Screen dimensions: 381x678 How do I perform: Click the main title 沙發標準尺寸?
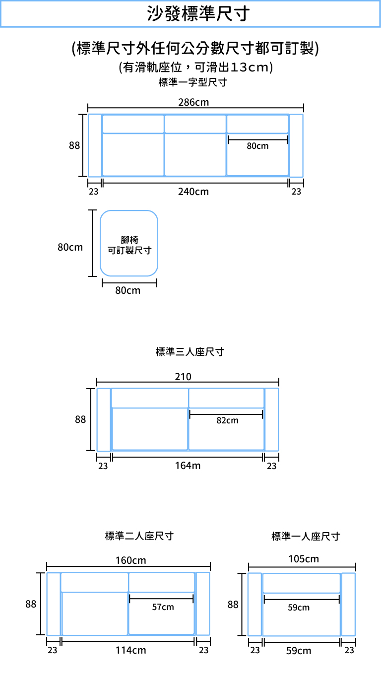click(198, 13)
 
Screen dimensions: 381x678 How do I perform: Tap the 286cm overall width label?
click(193, 102)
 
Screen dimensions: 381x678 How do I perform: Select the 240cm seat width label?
click(193, 192)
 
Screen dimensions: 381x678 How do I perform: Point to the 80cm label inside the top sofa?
click(257, 146)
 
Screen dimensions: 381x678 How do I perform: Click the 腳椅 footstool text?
click(129, 240)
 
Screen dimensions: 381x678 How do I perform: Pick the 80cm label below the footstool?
click(127, 290)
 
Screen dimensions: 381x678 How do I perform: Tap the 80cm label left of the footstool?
click(70, 247)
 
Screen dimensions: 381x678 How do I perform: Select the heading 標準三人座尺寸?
click(190, 352)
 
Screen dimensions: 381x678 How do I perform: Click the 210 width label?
click(183, 377)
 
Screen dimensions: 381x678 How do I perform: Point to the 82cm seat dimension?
click(227, 420)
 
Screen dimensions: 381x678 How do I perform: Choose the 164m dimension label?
click(188, 466)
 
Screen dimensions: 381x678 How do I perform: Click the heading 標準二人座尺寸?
click(139, 536)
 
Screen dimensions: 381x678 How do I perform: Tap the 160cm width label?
click(131, 560)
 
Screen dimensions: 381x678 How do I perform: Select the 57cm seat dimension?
click(163, 607)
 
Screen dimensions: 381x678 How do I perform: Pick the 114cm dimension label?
click(131, 650)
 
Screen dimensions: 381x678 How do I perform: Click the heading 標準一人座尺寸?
click(306, 537)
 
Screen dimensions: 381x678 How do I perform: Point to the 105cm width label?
click(304, 559)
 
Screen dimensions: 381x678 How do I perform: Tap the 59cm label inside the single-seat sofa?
click(298, 608)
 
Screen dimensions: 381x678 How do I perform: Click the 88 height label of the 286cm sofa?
click(74, 145)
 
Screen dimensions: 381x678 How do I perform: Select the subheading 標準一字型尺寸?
click(193, 82)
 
